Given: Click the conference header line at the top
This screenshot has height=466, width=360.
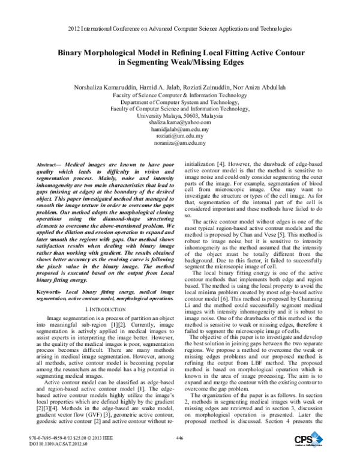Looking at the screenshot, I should pos(180,28).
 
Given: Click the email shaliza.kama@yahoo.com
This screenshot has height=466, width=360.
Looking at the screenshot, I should pos(180,122).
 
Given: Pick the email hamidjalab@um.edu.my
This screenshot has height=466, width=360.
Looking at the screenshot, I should pos(180,129).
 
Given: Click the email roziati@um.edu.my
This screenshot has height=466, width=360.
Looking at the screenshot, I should pos(180,136).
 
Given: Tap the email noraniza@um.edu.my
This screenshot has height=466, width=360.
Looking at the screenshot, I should pos(180,144).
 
